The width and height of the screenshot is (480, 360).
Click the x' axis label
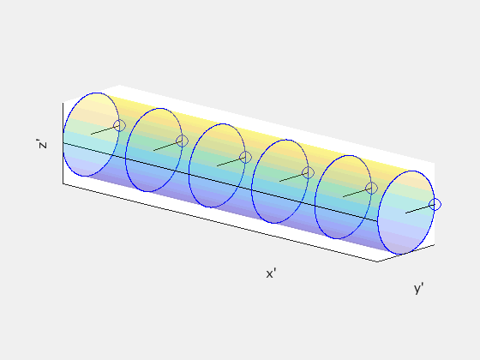(x=271, y=273)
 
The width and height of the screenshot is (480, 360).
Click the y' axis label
(x=419, y=289)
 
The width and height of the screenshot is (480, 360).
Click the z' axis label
(x=43, y=144)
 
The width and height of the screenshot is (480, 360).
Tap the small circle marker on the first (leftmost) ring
(x=119, y=125)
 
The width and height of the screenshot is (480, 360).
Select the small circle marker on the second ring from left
(x=182, y=141)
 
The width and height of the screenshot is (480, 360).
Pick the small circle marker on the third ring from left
(x=245, y=157)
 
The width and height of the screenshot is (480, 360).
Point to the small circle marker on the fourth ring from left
(x=308, y=172)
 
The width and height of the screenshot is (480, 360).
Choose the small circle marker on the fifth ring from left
(x=371, y=188)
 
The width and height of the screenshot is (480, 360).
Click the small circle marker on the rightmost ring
(x=435, y=204)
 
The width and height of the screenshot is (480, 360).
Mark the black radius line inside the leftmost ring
(x=103, y=130)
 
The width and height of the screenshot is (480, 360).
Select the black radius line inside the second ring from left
(x=166, y=146)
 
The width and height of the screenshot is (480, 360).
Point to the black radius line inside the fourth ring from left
(x=292, y=177)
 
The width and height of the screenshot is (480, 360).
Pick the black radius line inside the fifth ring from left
(x=356, y=193)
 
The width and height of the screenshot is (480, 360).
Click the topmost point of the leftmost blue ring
(x=96, y=92)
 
